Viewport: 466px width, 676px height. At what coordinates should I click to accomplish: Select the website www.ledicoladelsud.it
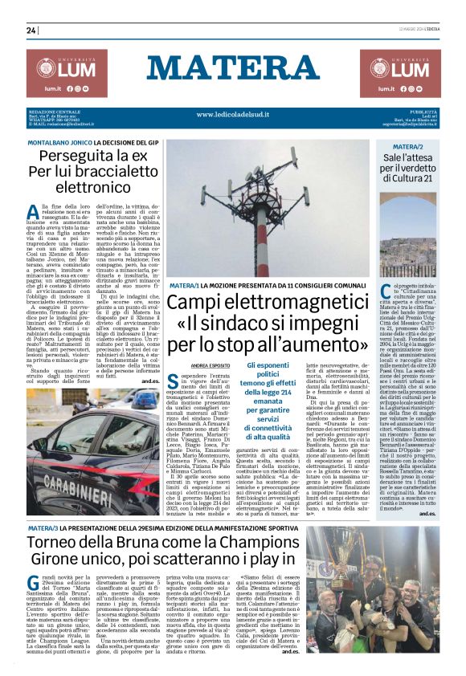(x=232, y=116)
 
